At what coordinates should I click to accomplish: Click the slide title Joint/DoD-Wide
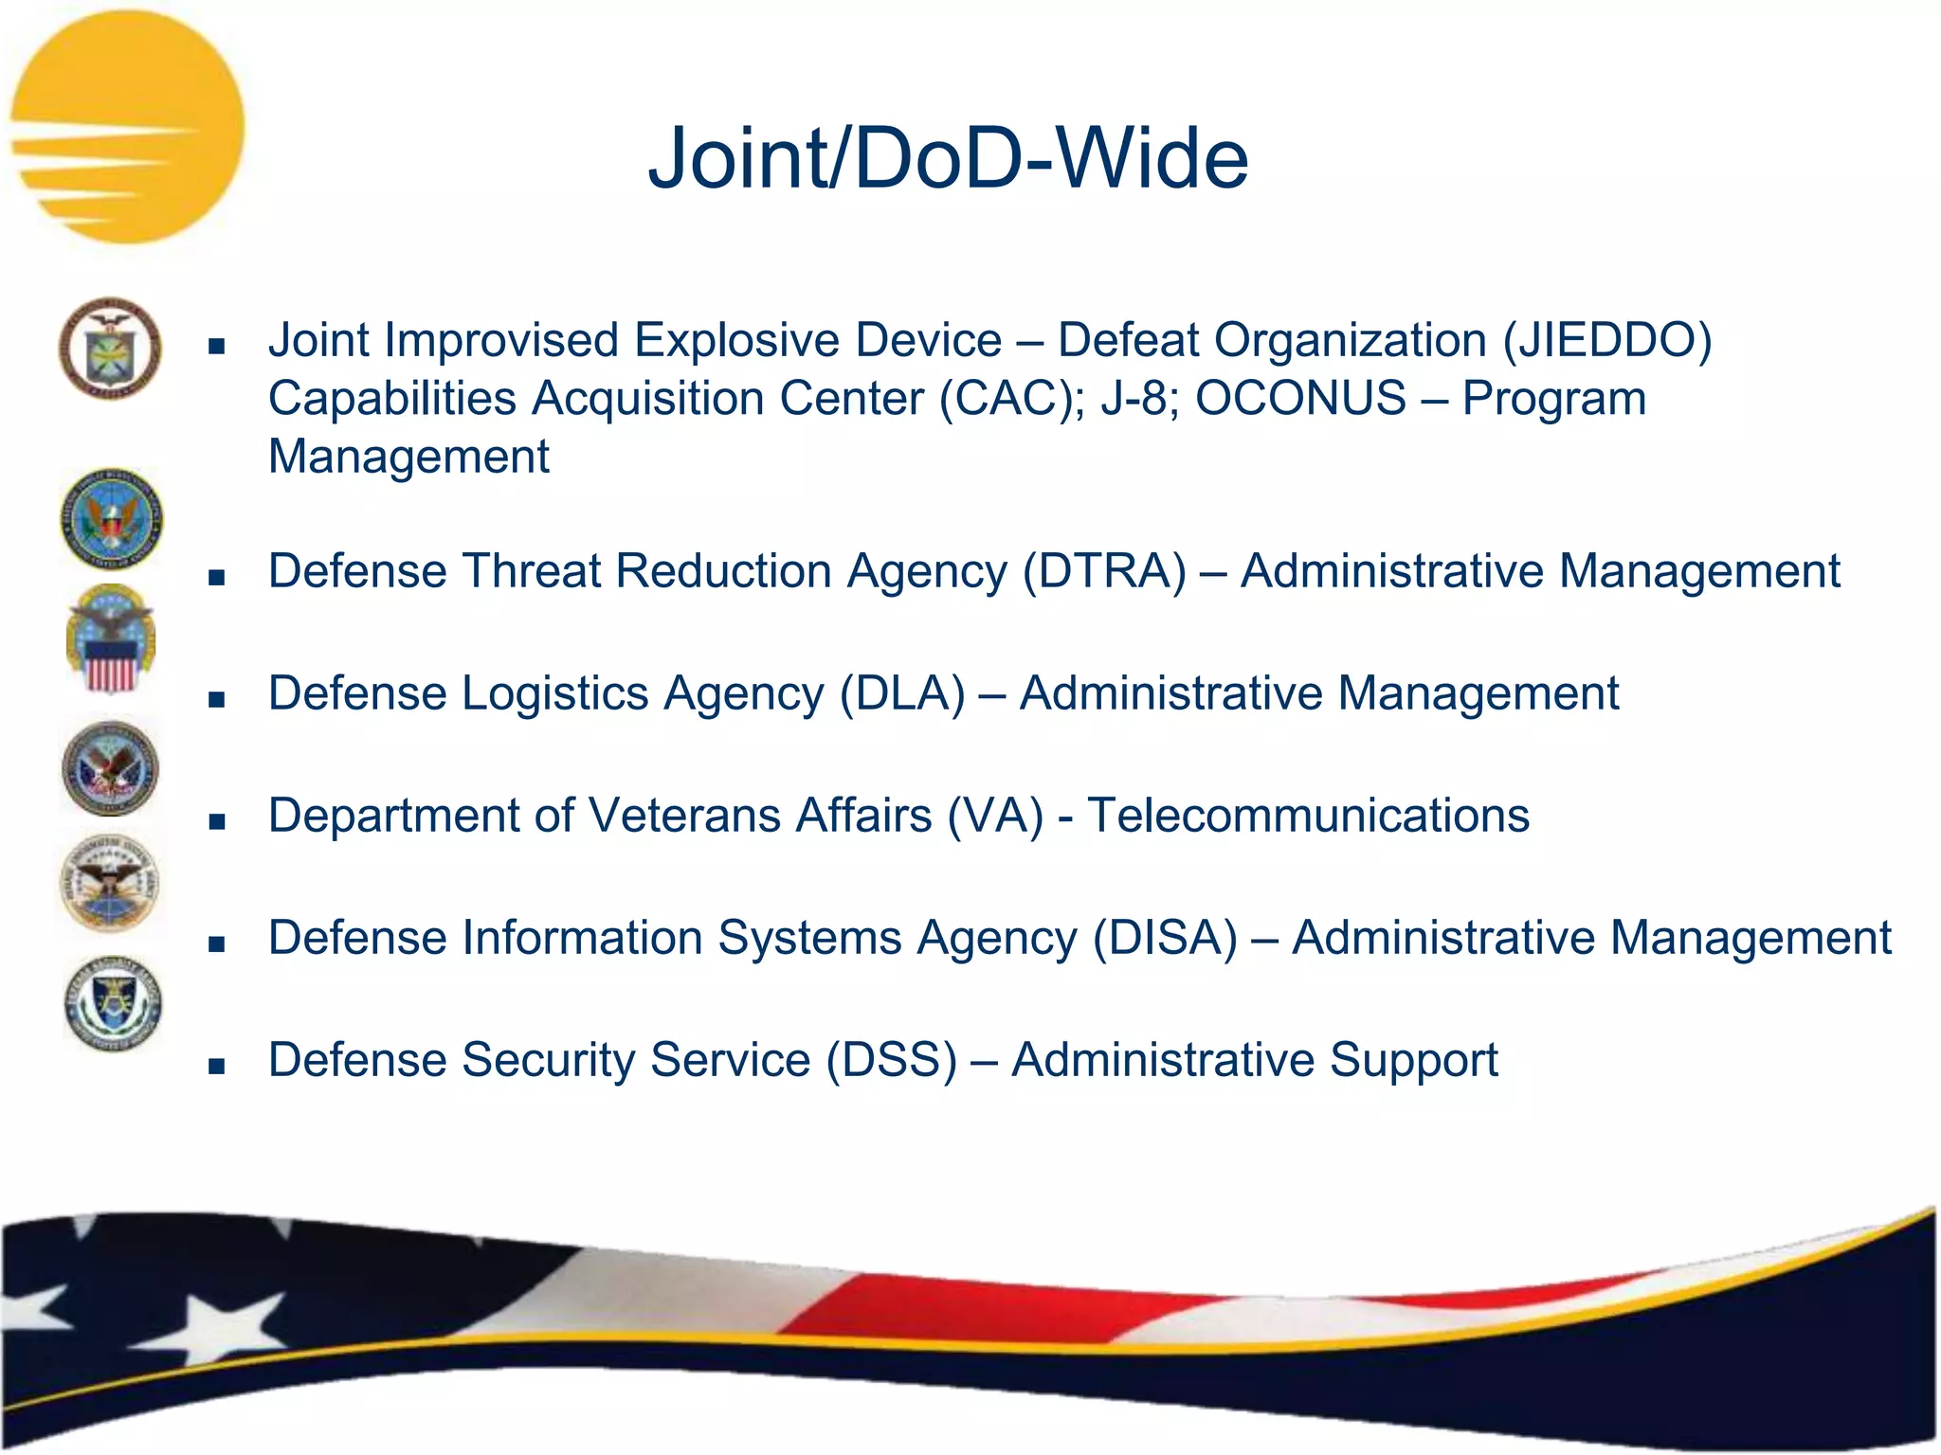(948, 158)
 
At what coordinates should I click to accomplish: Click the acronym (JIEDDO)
(1606, 341)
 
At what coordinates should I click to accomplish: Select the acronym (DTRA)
(1104, 572)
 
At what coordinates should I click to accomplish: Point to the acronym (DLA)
(902, 694)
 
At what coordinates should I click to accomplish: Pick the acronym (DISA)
(1165, 939)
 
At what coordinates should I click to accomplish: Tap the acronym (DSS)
(891, 1061)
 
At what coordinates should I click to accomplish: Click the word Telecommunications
(1308, 817)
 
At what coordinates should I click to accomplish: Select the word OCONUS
(1300, 399)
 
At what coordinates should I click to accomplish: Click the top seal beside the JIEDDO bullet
(110, 348)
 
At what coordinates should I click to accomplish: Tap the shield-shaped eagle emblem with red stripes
(111, 639)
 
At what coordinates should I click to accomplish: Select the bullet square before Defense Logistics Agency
(217, 700)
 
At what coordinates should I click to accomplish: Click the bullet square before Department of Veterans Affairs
(217, 822)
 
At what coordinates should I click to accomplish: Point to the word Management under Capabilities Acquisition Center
(408, 458)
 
